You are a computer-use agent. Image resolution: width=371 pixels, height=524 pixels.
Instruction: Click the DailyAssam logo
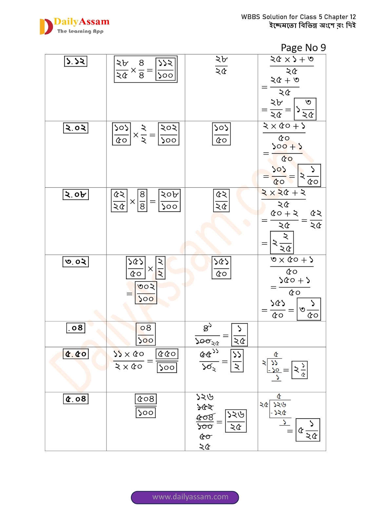point(74,26)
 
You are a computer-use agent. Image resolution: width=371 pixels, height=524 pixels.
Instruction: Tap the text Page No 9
point(303,48)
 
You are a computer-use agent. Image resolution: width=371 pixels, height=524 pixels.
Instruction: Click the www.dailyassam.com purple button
point(185,497)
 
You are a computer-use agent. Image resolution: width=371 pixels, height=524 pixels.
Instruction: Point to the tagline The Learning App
point(80,31)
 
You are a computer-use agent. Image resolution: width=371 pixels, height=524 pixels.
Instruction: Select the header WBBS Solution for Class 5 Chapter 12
point(298,17)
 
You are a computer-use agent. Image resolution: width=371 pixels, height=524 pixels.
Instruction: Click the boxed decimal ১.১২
point(76,61)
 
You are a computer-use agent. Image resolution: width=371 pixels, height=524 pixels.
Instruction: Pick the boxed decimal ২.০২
point(76,128)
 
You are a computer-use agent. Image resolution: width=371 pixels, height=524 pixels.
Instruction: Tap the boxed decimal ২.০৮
point(76,195)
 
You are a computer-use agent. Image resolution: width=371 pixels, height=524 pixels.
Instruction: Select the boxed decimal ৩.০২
point(76,262)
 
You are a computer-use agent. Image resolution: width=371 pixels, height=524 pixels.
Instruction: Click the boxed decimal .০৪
point(76,328)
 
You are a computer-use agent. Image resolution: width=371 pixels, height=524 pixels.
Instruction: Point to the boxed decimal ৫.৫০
point(76,354)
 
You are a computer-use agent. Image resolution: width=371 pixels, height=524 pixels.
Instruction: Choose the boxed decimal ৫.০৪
point(76,399)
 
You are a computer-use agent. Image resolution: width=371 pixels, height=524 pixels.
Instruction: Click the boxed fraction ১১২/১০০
point(166,69)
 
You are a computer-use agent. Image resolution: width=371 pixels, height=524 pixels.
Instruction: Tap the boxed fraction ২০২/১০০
point(168,134)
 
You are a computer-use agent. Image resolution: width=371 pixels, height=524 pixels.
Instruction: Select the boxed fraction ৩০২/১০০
point(146,293)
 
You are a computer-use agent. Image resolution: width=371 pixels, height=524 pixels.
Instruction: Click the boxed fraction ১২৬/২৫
point(236,421)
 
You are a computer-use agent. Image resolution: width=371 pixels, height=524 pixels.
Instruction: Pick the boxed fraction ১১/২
point(237,361)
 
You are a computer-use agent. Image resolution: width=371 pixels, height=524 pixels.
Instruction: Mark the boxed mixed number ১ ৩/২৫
point(305,109)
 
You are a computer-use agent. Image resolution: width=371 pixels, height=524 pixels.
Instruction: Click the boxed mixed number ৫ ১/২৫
point(308,430)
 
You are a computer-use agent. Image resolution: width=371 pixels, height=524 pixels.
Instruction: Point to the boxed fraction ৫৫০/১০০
point(167,361)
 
